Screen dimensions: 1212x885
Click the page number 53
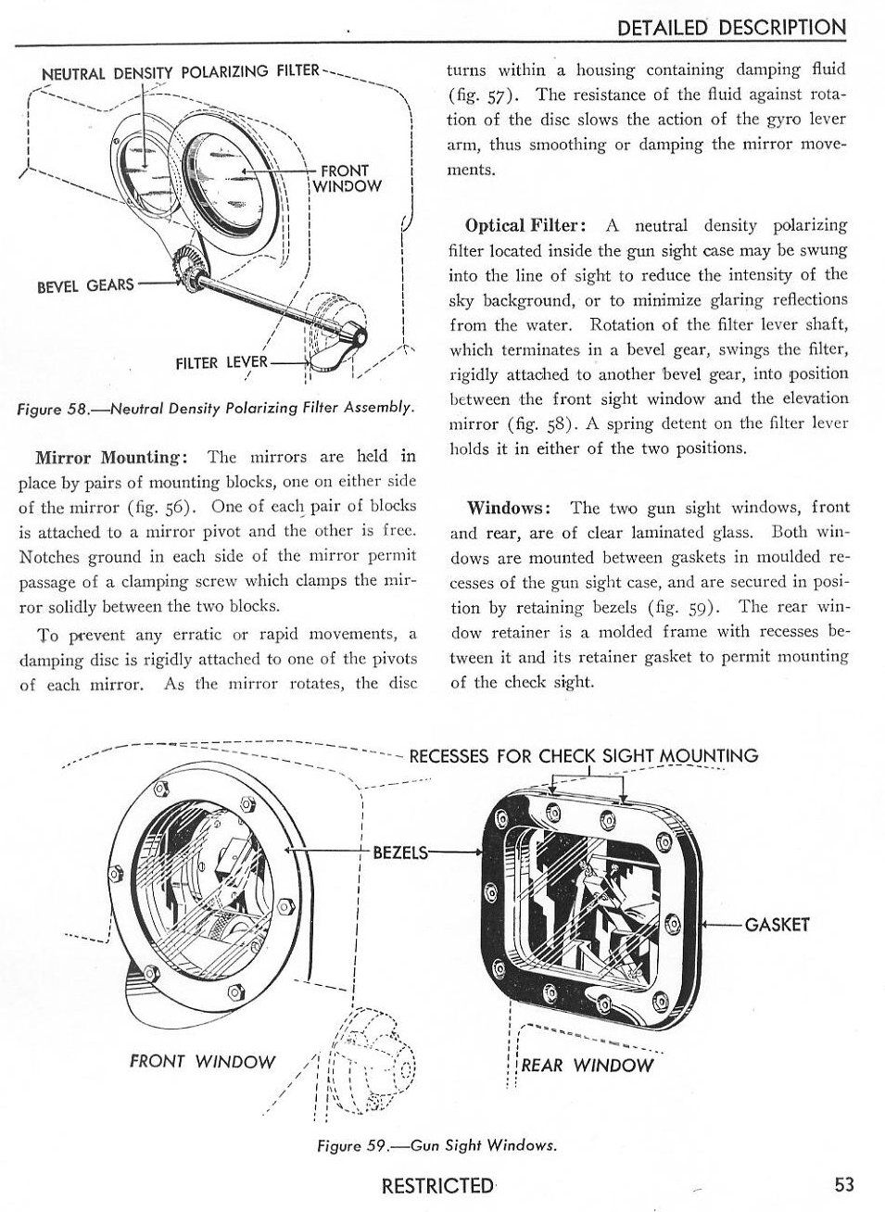[x=842, y=1184]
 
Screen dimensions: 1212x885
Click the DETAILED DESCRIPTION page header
[x=731, y=27]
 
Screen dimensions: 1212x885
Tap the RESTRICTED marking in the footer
[x=438, y=1185]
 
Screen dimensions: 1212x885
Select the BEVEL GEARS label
[x=85, y=284]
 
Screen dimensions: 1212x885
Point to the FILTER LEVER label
[x=221, y=362]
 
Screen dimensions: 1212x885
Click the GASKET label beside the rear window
[x=777, y=924]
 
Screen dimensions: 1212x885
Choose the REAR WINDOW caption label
[x=587, y=1065]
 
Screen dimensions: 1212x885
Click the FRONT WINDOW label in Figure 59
[x=203, y=1061]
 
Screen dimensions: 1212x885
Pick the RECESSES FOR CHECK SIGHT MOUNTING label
[x=583, y=755]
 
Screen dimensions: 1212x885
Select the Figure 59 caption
[x=436, y=1145]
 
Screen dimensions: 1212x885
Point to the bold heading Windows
[x=510, y=507]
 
